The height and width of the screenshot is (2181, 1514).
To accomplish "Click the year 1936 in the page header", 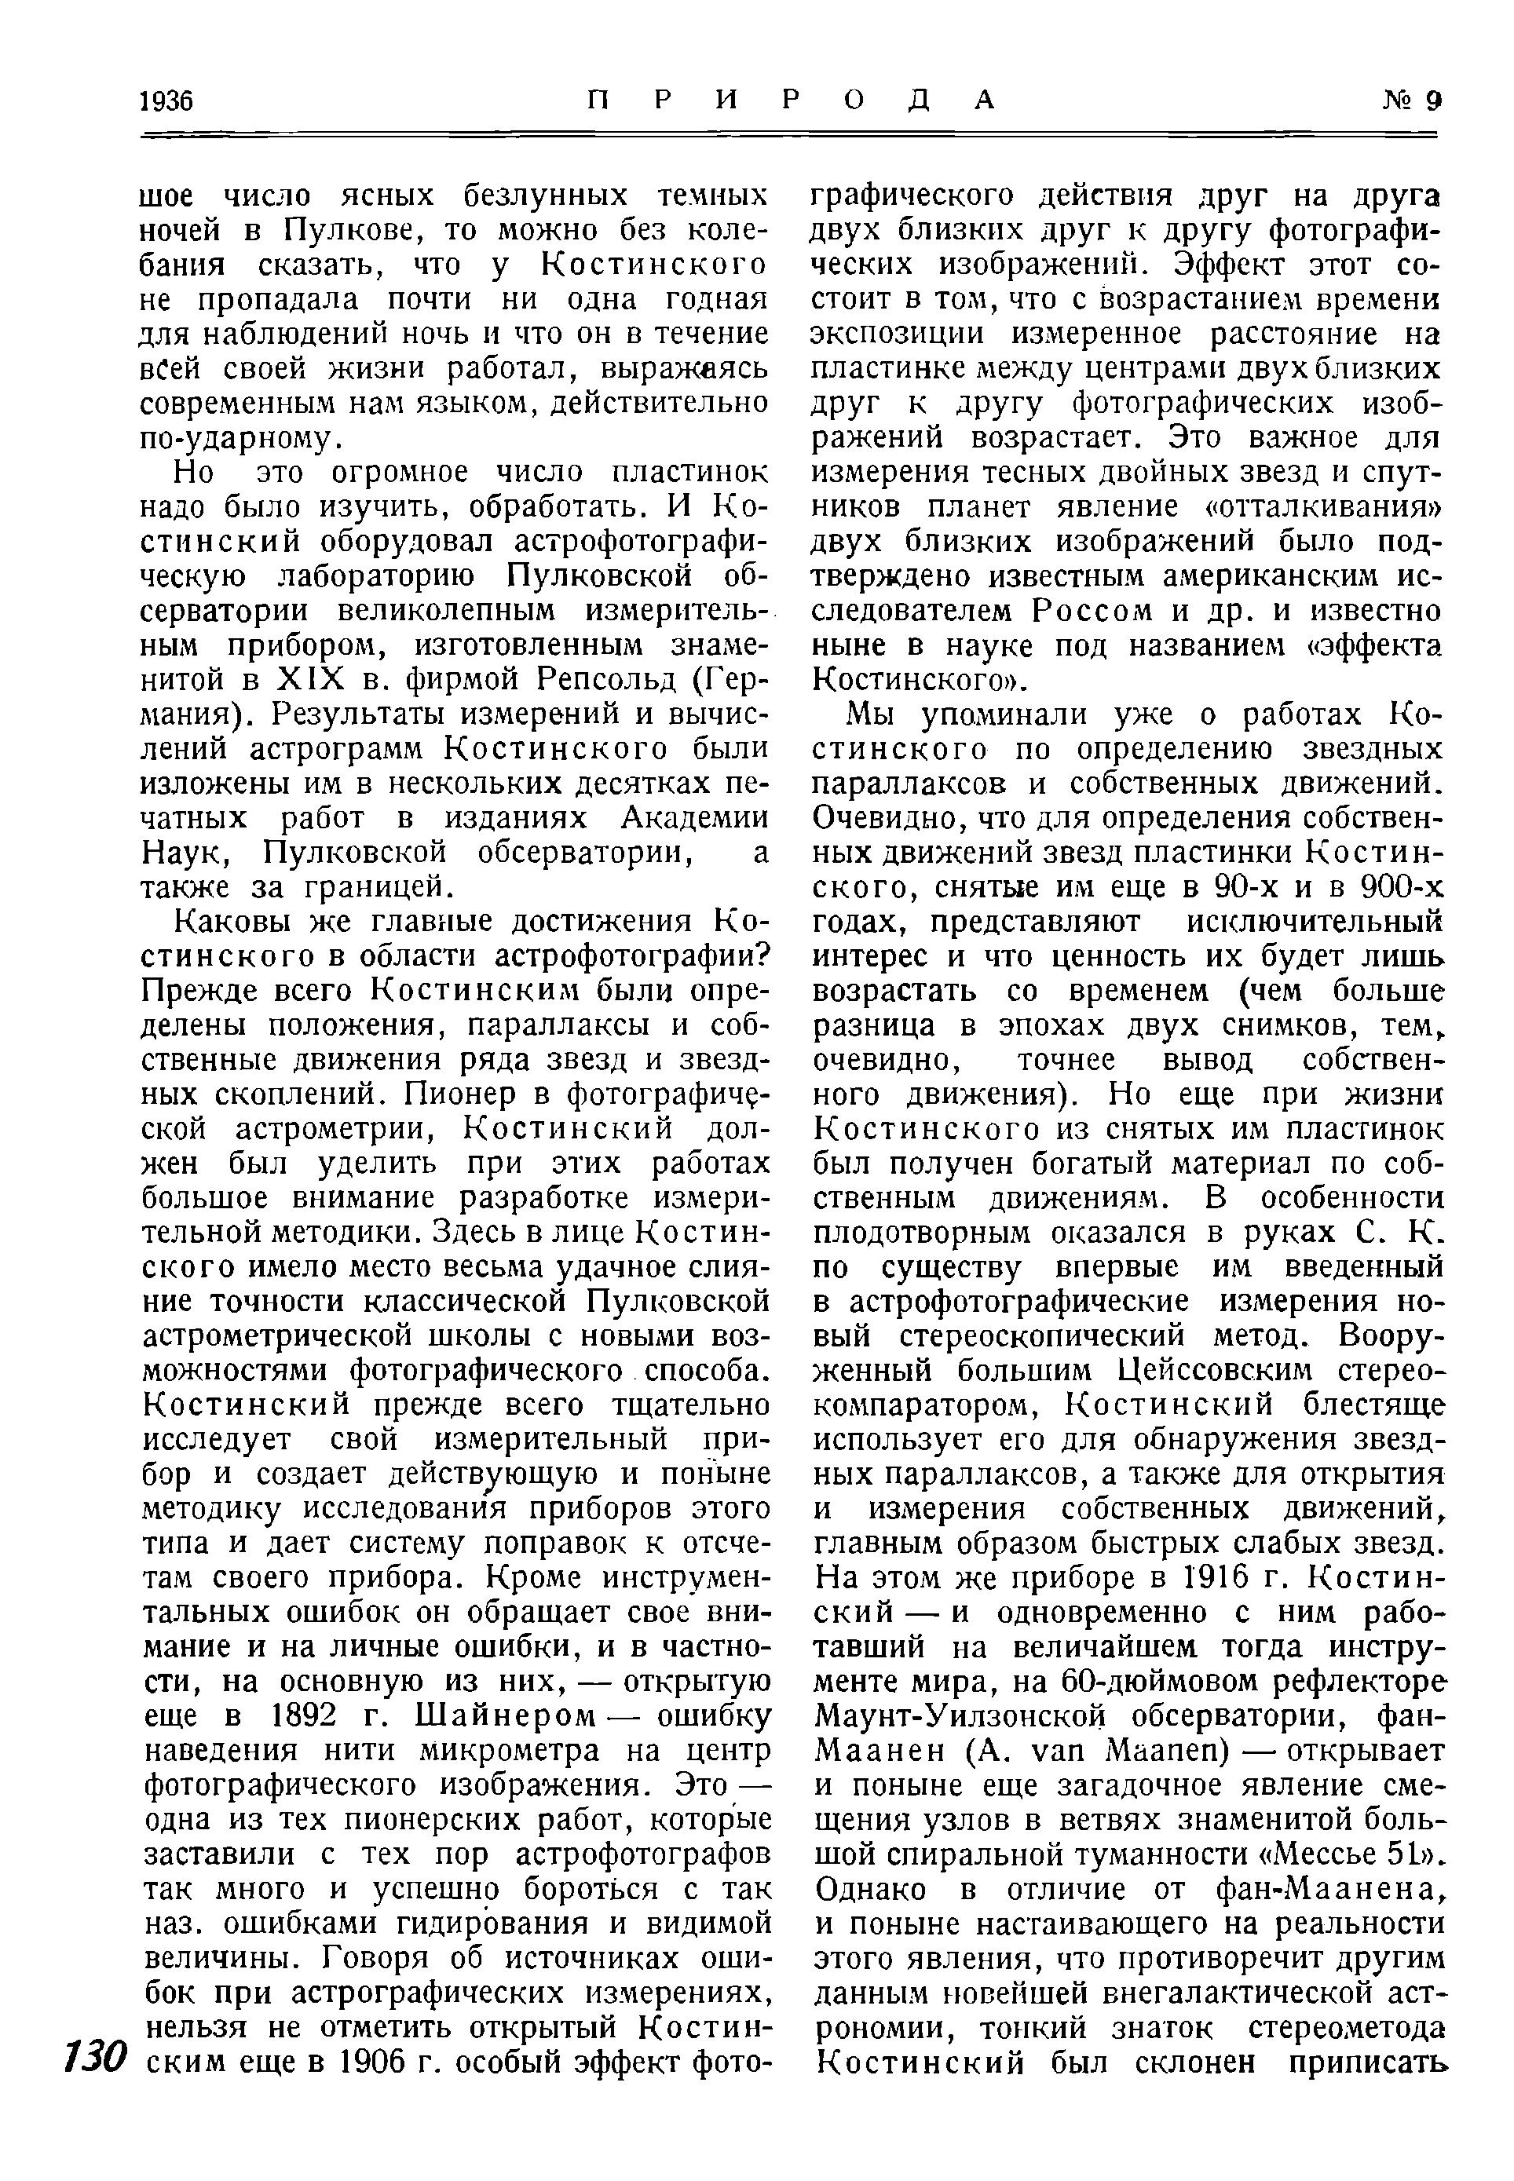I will point(167,100).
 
